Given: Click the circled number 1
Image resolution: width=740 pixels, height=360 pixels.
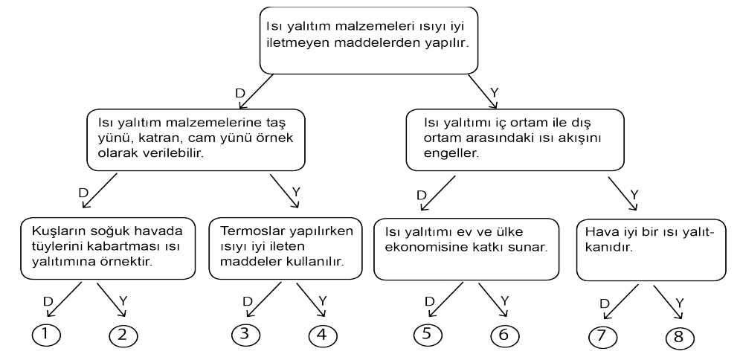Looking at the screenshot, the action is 46,335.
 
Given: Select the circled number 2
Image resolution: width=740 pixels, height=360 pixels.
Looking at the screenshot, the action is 123,336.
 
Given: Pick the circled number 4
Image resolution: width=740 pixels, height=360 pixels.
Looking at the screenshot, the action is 323,336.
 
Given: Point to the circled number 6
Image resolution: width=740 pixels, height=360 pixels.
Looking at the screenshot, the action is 504,336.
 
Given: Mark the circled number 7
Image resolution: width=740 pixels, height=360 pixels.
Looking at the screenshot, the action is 603,336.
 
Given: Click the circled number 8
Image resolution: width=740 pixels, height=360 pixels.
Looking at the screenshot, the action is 680,338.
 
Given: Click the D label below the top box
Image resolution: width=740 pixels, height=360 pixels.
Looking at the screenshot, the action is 240,94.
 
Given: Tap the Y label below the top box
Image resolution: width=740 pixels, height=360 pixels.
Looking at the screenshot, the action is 494,92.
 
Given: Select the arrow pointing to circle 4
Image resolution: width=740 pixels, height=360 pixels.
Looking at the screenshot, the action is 311,300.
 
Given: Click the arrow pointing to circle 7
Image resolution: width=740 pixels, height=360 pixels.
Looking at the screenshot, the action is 620,302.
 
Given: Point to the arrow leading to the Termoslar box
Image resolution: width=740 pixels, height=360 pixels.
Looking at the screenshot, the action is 285,191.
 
